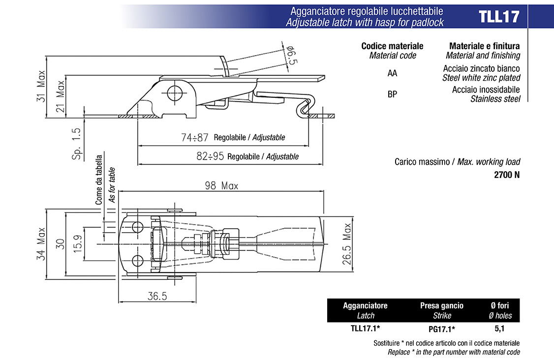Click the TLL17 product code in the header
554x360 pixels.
tap(499, 17)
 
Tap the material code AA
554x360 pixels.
tap(392, 73)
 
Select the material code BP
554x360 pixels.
tap(392, 94)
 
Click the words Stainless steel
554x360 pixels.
tap(495, 99)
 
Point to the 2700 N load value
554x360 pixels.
tap(507, 175)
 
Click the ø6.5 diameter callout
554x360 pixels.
tap(291, 55)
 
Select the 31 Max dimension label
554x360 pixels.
tap(41, 86)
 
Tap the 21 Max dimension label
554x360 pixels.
tap(60, 96)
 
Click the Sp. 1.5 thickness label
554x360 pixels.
tap(76, 144)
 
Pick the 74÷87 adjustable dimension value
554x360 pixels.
tap(195, 137)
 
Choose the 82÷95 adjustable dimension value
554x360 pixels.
tap(210, 156)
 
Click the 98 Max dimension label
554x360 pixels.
tap(221, 185)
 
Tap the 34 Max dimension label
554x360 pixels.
tap(41, 244)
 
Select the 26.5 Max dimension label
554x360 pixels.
tap(347, 244)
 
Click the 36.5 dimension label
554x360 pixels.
tap(157, 296)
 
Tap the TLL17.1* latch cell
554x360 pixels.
tap(365, 329)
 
